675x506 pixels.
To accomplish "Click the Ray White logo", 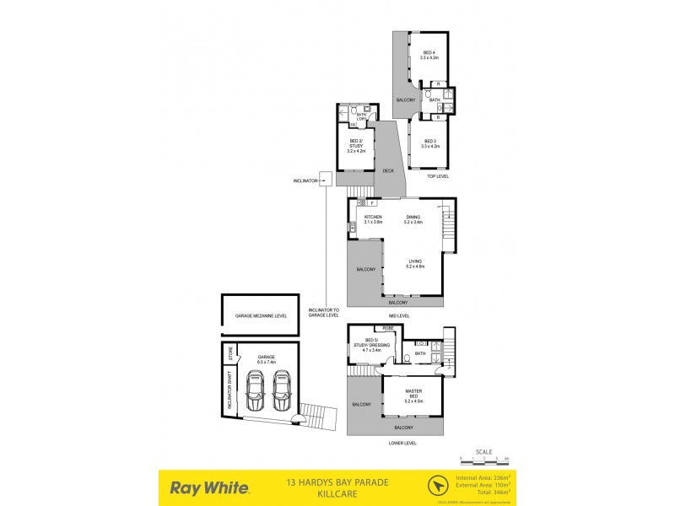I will tap(209, 487).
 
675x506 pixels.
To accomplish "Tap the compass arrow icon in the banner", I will tap(438, 487).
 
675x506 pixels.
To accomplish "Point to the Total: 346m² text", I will tap(483, 494).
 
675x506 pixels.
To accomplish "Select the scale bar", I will tap(485, 460).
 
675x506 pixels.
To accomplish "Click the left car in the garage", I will tap(254, 390).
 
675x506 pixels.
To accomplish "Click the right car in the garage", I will tap(281, 390).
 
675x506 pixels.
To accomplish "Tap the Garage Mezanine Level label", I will tap(261, 315).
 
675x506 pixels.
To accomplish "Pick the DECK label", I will tap(388, 171).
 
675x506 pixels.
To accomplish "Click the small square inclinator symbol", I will tap(326, 179).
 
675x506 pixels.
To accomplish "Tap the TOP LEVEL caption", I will tap(437, 176).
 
